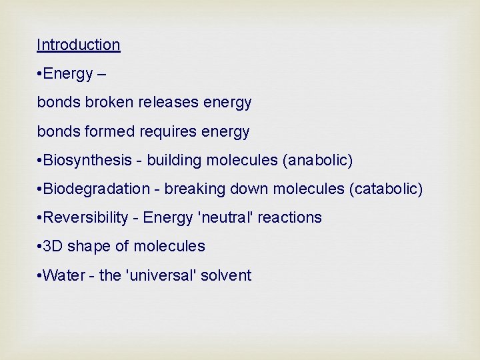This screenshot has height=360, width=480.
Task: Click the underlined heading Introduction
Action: pyautogui.click(x=79, y=45)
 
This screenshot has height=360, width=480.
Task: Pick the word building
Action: pyautogui.click(x=175, y=161)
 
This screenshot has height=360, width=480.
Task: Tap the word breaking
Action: pyautogui.click(x=195, y=189)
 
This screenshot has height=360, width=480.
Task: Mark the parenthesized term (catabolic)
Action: pyautogui.click(x=386, y=189)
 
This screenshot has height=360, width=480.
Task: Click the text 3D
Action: pyautogui.click(x=52, y=247)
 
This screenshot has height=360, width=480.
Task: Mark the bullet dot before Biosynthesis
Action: pyautogui.click(x=39, y=161)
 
